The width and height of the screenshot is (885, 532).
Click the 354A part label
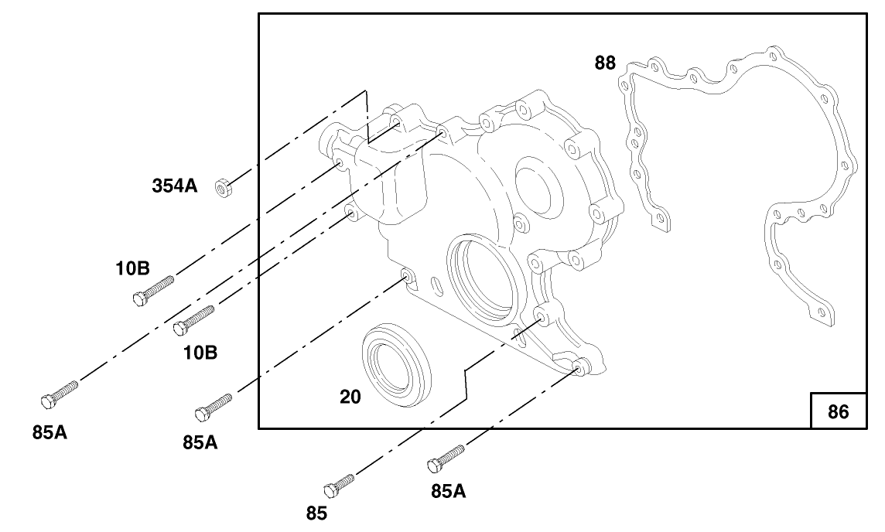[174, 186]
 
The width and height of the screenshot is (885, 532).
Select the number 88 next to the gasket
[605, 63]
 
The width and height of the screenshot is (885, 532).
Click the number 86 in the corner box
[838, 412]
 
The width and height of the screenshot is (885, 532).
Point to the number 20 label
[350, 397]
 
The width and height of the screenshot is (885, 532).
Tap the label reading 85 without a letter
[316, 513]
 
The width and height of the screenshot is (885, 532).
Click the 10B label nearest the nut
[132, 268]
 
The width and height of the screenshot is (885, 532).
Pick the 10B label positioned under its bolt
[200, 353]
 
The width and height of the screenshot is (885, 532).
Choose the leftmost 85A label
[50, 432]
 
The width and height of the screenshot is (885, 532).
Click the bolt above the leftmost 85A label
[59, 392]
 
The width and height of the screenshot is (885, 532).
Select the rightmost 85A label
[448, 490]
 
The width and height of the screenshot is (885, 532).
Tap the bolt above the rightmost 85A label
[446, 457]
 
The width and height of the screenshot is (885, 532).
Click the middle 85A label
[200, 443]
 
